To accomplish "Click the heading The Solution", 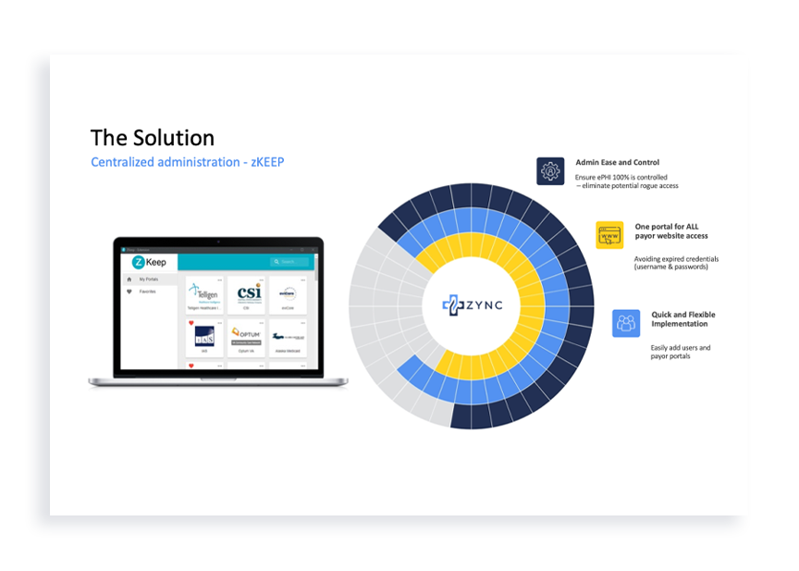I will pyautogui.click(x=153, y=138).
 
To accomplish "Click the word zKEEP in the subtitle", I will pyautogui.click(x=265, y=162).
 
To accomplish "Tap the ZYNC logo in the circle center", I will pyautogui.click(x=473, y=304).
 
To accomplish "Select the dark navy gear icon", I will pyautogui.click(x=550, y=171).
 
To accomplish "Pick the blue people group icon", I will pyautogui.click(x=626, y=323).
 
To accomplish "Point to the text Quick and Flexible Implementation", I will pyautogui.click(x=682, y=319).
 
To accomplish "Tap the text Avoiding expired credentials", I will pyautogui.click(x=676, y=258).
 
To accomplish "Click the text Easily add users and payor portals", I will pyautogui.click(x=680, y=352).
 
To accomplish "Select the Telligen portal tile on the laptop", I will pyautogui.click(x=204, y=293).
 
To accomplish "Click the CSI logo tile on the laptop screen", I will pyautogui.click(x=247, y=293).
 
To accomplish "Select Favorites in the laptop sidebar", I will pyautogui.click(x=147, y=292).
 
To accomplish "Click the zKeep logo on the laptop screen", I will pyautogui.click(x=145, y=262).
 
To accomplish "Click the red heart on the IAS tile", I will pyautogui.click(x=191, y=323).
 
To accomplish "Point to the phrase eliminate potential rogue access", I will pyautogui.click(x=628, y=186).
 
